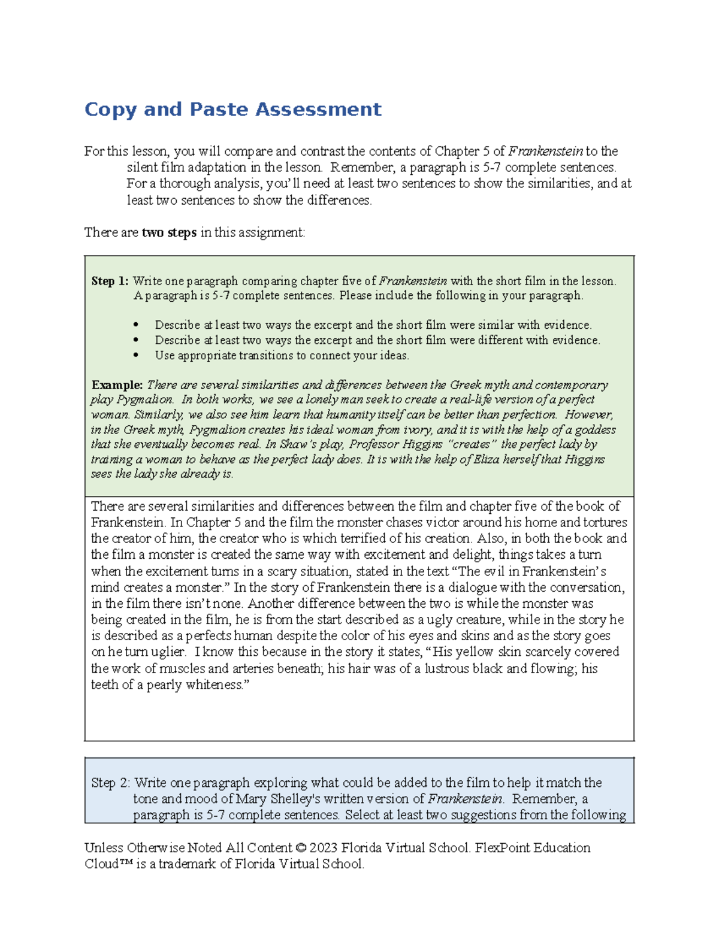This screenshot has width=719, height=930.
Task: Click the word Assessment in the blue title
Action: [x=318, y=110]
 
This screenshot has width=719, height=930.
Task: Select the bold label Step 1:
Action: [x=110, y=281]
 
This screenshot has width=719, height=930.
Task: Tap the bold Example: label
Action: [x=117, y=384]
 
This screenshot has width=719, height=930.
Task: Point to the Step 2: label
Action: [x=110, y=783]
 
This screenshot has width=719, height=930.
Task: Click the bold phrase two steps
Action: [x=169, y=232]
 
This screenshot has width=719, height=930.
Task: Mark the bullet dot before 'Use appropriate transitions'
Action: [x=136, y=355]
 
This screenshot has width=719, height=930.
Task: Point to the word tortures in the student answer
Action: [x=605, y=522]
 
